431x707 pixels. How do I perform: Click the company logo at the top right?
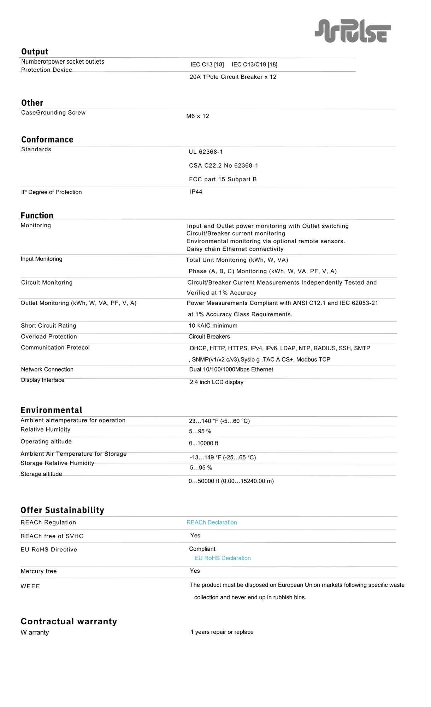[353, 31]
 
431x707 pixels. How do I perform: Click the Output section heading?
[35, 52]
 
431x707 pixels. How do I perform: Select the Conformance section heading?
[47, 140]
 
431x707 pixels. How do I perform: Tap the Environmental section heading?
[52, 410]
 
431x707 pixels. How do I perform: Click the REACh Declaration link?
[212, 522]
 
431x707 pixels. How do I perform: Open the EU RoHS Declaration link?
[223, 558]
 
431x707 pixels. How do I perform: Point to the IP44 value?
[196, 192]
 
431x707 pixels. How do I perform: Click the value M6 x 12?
[198, 116]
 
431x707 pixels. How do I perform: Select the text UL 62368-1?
[206, 152]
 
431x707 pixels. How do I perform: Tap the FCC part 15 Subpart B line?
[223, 179]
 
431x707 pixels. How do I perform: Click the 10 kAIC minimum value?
[213, 326]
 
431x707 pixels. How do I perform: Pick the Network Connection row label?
[47, 369]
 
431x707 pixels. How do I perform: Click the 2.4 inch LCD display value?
[217, 382]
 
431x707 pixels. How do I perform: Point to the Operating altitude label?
[46, 442]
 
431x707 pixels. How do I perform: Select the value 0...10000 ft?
[203, 443]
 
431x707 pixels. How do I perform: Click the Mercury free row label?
[39, 571]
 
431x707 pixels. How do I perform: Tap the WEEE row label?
[30, 586]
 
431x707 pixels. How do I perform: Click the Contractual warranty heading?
[69, 621]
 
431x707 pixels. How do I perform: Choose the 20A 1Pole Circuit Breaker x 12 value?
[233, 77]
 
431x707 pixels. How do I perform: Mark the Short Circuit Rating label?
[48, 326]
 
